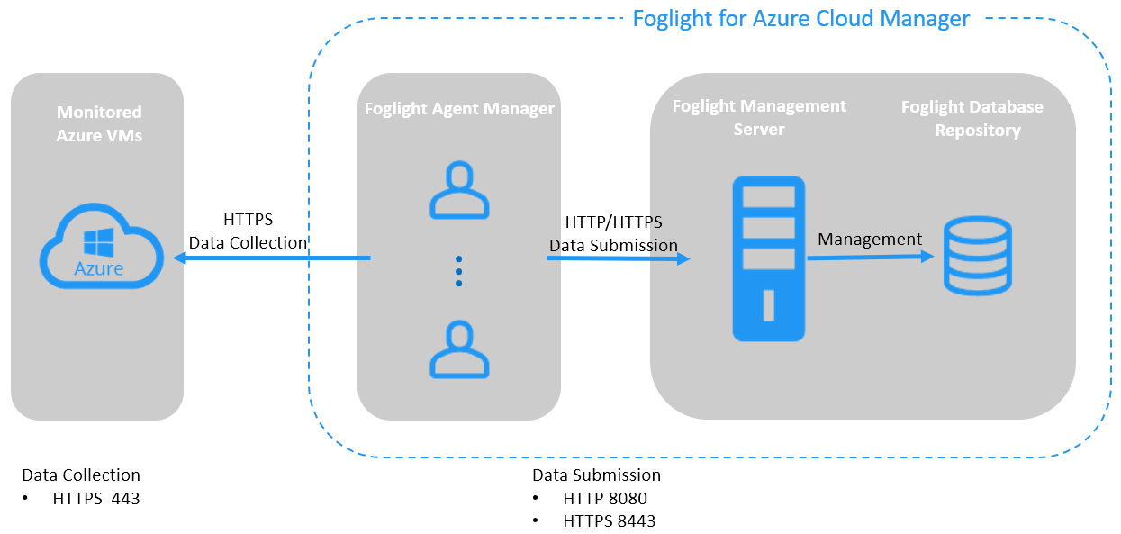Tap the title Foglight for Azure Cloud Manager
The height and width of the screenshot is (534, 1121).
point(800,18)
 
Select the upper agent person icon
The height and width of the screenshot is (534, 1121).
point(459,191)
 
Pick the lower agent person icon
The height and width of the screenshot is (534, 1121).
point(459,348)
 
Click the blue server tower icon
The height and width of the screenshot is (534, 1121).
point(768,258)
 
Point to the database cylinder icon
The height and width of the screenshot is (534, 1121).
point(977,256)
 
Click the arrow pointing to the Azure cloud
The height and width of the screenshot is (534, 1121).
point(270,258)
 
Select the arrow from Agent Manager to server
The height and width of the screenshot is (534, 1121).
point(618,259)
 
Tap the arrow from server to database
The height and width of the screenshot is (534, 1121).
point(870,257)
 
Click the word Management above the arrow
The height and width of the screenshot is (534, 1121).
point(870,239)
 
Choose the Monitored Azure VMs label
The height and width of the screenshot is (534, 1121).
point(99,123)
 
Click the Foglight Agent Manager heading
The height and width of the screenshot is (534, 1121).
point(459,109)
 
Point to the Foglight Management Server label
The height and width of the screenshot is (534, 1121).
point(759,117)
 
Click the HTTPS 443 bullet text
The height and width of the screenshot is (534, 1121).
point(96,497)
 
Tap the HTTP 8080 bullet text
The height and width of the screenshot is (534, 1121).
point(605,498)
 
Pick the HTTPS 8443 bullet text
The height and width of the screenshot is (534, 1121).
point(609,520)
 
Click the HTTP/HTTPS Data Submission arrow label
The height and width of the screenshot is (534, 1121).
point(613,233)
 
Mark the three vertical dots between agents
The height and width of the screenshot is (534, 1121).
point(458,270)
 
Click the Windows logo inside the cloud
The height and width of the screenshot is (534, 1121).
point(98,241)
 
